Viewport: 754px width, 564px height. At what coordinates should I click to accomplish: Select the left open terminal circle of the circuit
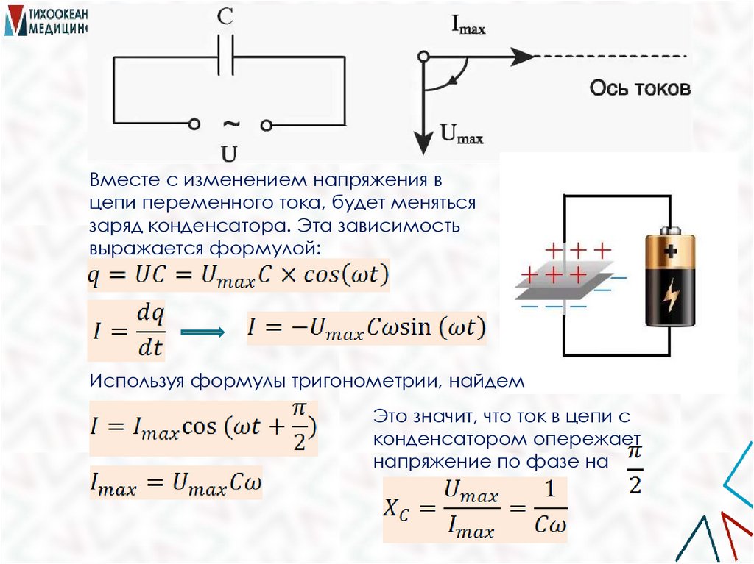[x=193, y=124]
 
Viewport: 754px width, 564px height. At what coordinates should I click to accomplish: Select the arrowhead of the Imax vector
[x=522, y=57]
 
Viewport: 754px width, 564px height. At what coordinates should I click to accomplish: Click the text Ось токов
[x=640, y=89]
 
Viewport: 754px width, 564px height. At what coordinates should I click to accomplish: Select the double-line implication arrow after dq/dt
[x=202, y=333]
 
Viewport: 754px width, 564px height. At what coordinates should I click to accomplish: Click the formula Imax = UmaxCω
[x=175, y=484]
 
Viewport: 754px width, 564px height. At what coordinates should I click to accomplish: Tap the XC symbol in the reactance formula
[x=401, y=508]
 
